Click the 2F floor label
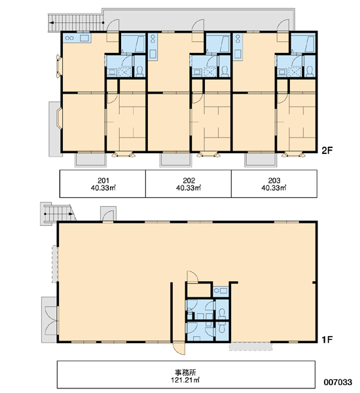click(x=327, y=151)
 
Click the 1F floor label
click(x=327, y=339)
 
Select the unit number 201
click(x=103, y=180)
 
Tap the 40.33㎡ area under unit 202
click(x=189, y=188)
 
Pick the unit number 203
click(x=274, y=180)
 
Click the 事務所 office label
click(x=185, y=373)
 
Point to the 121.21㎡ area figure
click(x=185, y=380)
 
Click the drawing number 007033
click(x=338, y=383)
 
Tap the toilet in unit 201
click(x=139, y=71)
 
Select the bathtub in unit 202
click(x=218, y=44)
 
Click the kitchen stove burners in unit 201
click(x=69, y=38)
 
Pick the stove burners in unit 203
click(x=238, y=39)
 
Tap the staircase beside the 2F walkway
click(x=76, y=23)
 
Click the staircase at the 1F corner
click(x=58, y=214)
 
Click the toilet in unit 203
click(x=310, y=71)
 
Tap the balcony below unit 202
click(x=175, y=159)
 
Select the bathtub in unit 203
click(x=303, y=44)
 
